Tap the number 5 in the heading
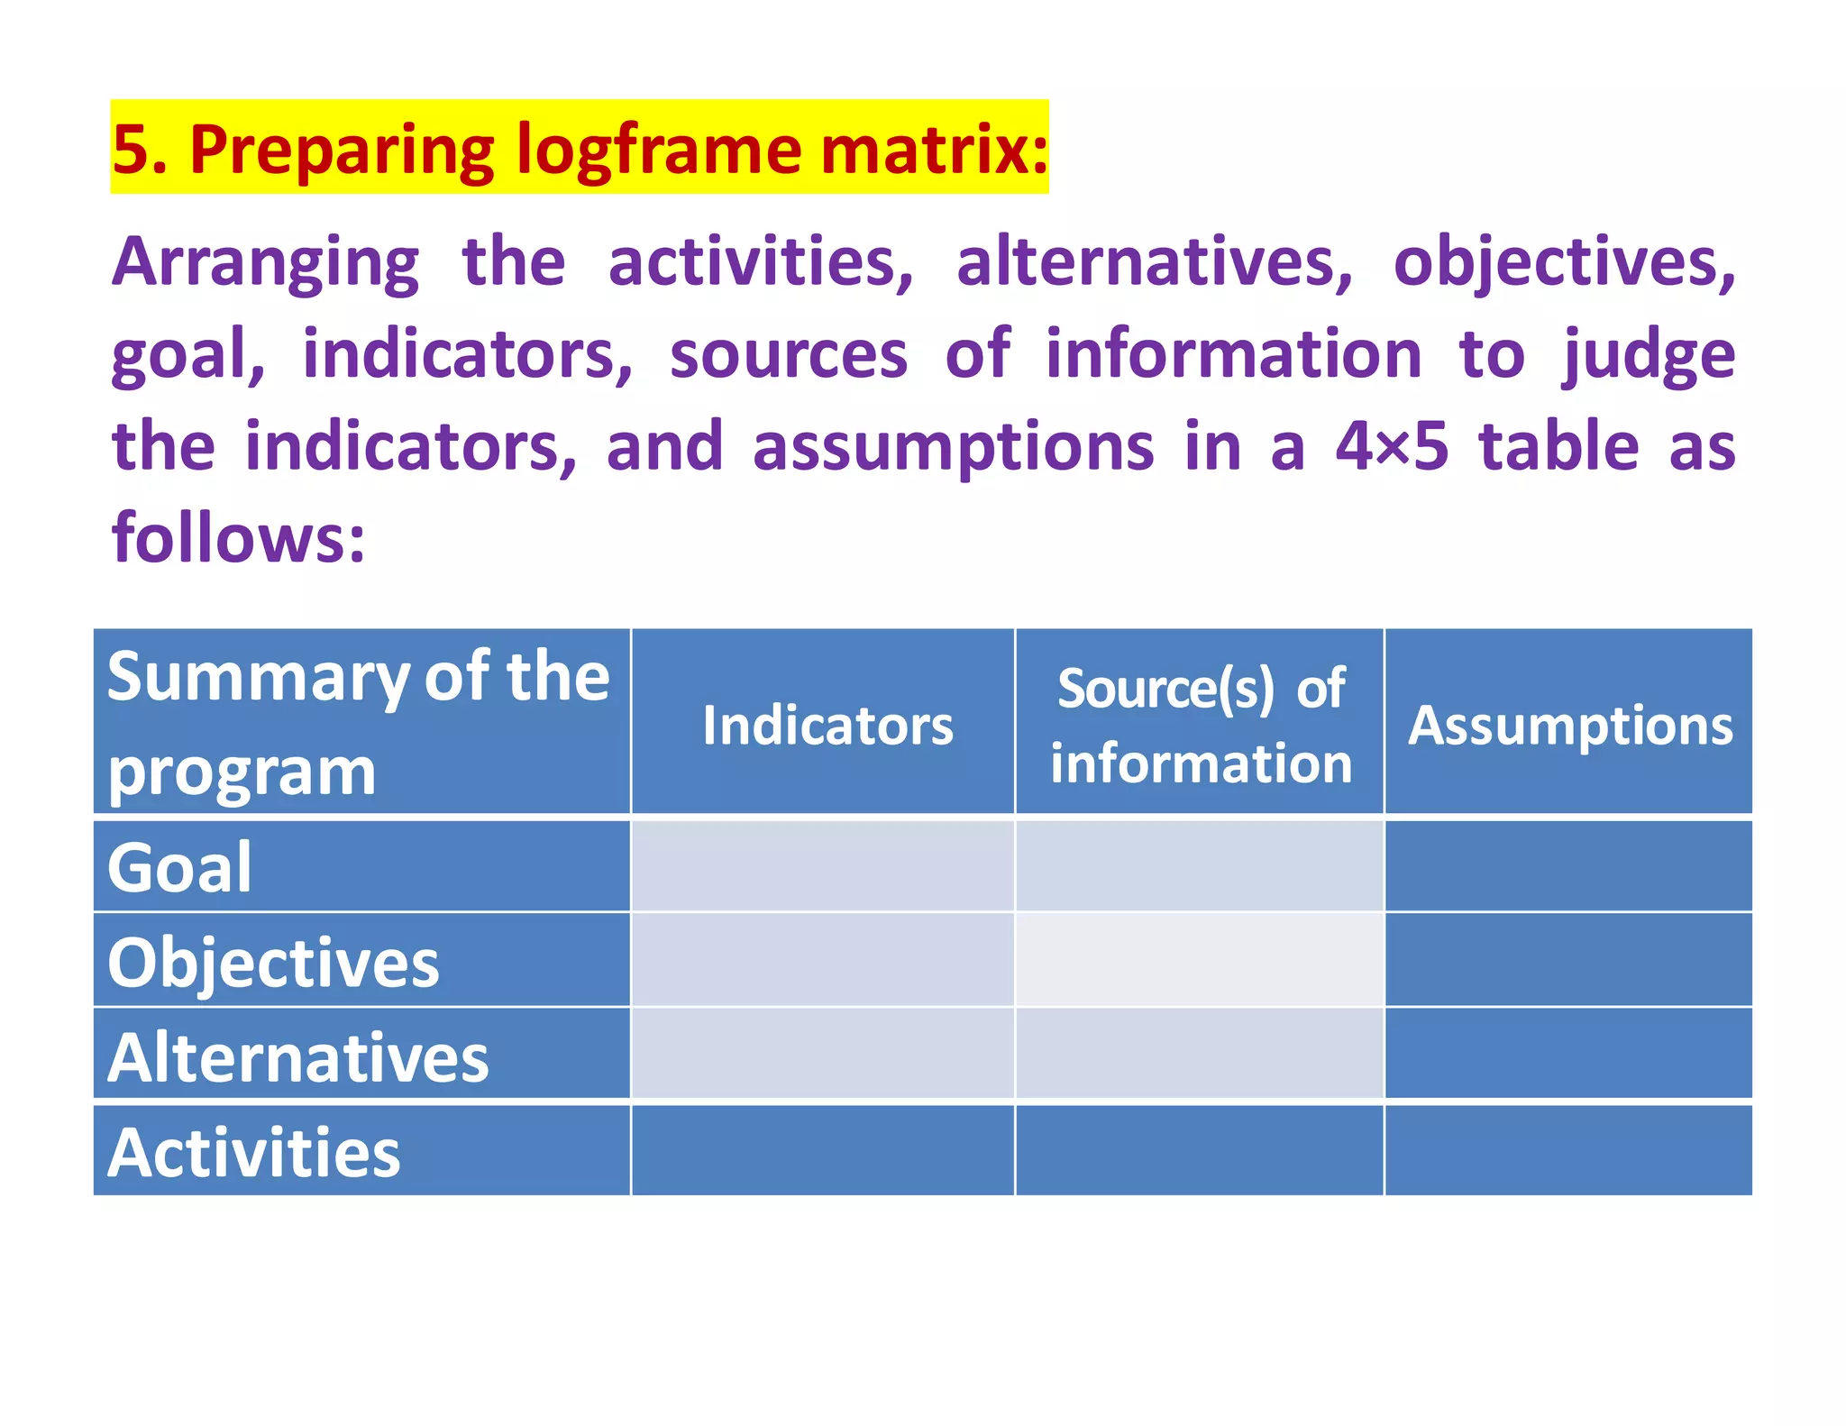pyautogui.click(x=131, y=150)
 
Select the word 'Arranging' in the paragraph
pyautogui.click(x=266, y=262)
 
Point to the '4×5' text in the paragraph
pyautogui.click(x=1392, y=446)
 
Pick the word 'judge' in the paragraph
pyautogui.click(x=1649, y=354)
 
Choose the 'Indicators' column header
pyautogui.click(x=827, y=726)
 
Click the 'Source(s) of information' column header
pyautogui.click(x=1201, y=726)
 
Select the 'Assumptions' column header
pyautogui.click(x=1569, y=726)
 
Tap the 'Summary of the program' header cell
pyautogui.click(x=360, y=722)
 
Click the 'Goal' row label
pyautogui.click(x=180, y=867)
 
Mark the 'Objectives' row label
pyautogui.click(x=273, y=962)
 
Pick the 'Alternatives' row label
pyautogui.click(x=297, y=1056)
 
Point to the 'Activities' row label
pyautogui.click(x=254, y=1152)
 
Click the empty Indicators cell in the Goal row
pyautogui.click(x=823, y=865)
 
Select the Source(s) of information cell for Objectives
pyautogui.click(x=1200, y=960)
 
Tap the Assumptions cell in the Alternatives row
pyautogui.click(x=1568, y=1054)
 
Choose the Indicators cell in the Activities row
pyautogui.click(x=823, y=1150)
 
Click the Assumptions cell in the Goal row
pyautogui.click(x=1568, y=865)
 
